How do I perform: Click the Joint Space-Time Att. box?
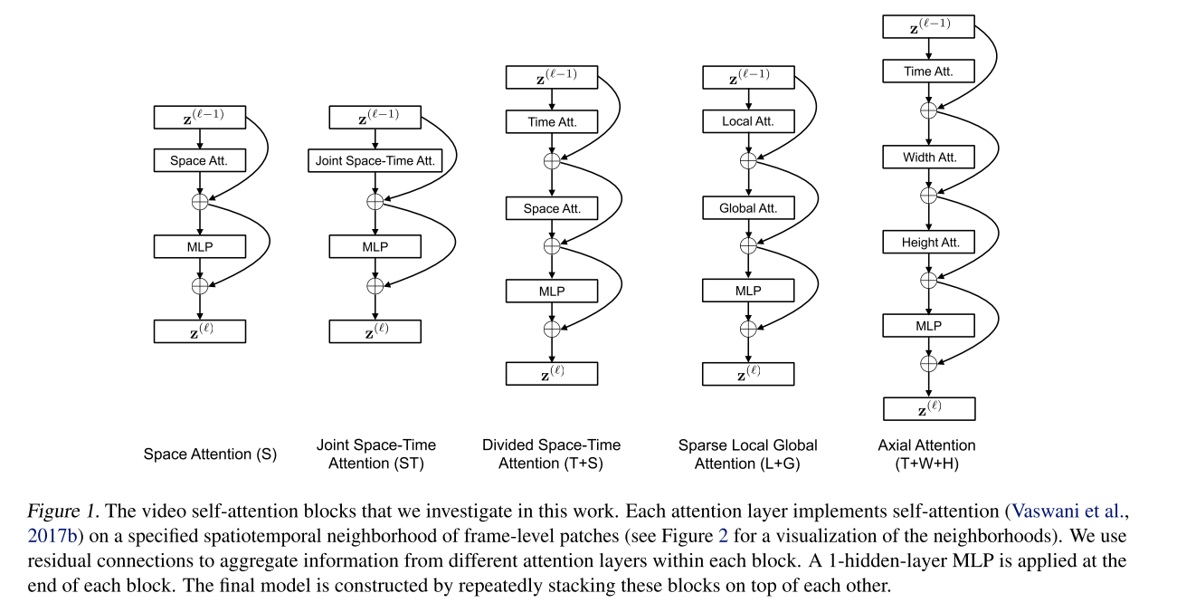point(375,162)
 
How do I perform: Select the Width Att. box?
point(929,158)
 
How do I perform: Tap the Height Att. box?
point(929,242)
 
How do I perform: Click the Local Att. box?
point(748,121)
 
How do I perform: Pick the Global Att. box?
point(748,208)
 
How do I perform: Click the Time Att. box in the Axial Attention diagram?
point(929,71)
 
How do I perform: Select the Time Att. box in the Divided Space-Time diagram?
point(552,121)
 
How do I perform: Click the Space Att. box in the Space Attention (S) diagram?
point(200,162)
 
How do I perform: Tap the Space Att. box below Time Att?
point(552,208)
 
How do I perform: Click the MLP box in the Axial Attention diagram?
point(929,325)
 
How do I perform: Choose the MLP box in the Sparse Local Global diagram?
point(748,291)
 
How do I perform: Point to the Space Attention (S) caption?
point(210,454)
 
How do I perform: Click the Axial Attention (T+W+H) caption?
point(926,454)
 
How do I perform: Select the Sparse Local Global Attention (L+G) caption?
point(747,454)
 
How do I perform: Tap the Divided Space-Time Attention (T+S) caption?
point(551,454)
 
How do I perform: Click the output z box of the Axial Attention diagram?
point(929,408)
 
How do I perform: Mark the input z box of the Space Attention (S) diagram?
point(200,116)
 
